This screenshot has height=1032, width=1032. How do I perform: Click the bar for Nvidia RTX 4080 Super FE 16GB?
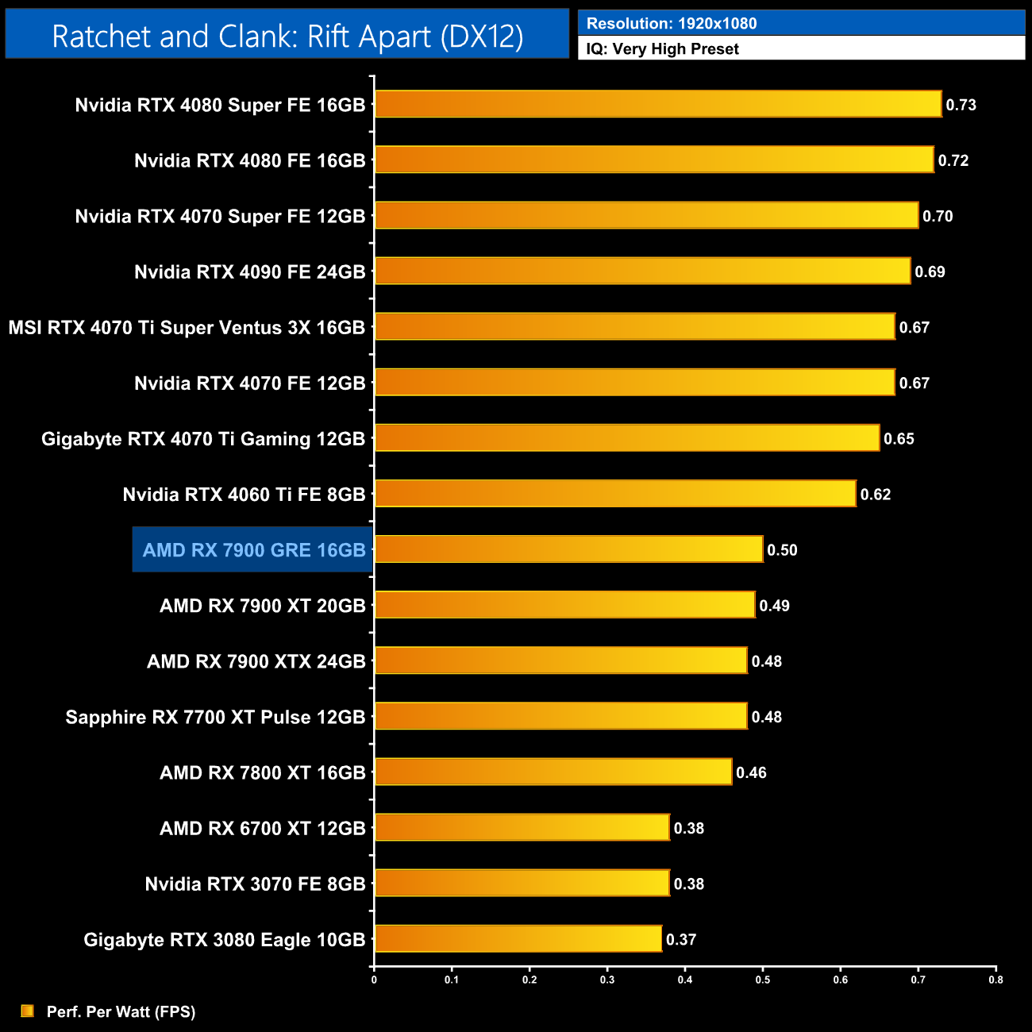pyautogui.click(x=657, y=104)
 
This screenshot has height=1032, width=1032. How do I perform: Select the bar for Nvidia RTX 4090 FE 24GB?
pyautogui.click(x=641, y=271)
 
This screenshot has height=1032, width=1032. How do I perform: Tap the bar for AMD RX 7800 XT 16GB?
pyautogui.click(x=553, y=772)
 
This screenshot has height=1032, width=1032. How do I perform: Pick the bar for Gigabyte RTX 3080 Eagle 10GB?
pyautogui.click(x=518, y=939)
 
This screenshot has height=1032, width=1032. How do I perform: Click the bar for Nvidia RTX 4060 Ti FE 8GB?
pyautogui.click(x=614, y=494)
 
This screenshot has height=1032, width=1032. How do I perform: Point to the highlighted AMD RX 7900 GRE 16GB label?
pyautogui.click(x=253, y=550)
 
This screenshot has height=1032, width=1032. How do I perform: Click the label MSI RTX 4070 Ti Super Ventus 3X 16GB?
pyautogui.click(x=187, y=328)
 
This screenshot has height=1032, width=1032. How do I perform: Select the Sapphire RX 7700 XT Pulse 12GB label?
pyautogui.click(x=215, y=718)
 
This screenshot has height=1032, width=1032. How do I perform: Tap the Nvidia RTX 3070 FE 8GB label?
pyautogui.click(x=255, y=884)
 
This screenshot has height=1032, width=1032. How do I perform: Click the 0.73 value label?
pyautogui.click(x=961, y=105)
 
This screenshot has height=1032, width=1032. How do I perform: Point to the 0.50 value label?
pyautogui.click(x=782, y=550)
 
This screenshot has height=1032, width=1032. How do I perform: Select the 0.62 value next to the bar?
pyautogui.click(x=876, y=495)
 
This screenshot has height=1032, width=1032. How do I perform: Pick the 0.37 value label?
pyautogui.click(x=681, y=940)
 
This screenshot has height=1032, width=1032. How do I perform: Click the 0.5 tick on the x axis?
pyautogui.click(x=763, y=980)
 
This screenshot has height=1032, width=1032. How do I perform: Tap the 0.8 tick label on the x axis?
pyautogui.click(x=995, y=980)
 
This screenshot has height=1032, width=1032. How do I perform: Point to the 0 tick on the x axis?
pyautogui.click(x=374, y=980)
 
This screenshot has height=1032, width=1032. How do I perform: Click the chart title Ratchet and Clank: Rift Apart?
pyautogui.click(x=287, y=37)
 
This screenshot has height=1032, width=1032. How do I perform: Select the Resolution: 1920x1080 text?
pyautogui.click(x=672, y=24)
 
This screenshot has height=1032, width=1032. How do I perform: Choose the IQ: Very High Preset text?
pyautogui.click(x=663, y=49)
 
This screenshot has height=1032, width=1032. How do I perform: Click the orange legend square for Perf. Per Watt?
pyautogui.click(x=28, y=1011)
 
